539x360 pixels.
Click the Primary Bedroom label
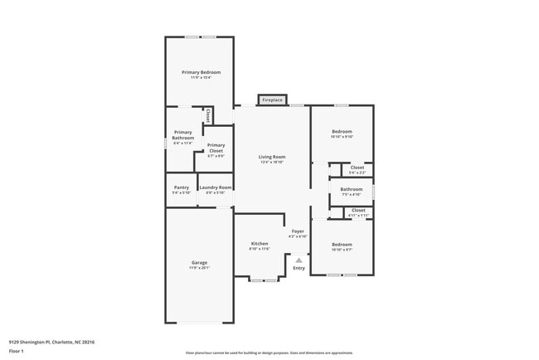200,72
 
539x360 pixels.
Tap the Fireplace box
272,100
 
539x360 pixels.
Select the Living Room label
271,157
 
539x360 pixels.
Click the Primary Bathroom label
183,135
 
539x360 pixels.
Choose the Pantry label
181,187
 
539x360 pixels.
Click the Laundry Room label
215,187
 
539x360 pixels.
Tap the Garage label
199,263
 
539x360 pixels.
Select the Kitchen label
260,244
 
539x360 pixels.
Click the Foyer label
298,231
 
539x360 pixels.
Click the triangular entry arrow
299,259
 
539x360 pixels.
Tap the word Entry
299,268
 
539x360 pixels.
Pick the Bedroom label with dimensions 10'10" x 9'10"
342,132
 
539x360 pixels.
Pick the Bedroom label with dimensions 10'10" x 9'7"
342,245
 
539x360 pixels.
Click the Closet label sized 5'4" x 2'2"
357,168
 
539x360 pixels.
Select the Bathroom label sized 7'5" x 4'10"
351,189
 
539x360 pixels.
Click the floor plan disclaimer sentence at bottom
269,353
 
